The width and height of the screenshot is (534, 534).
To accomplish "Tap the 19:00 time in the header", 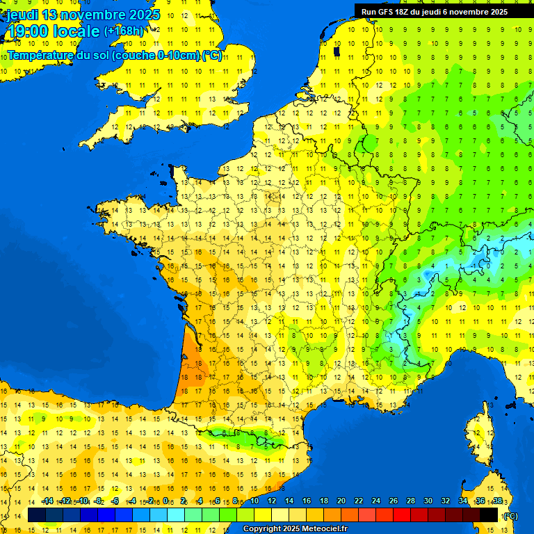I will pos(30,31).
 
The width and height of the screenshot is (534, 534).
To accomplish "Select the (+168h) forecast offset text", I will pos(124,31).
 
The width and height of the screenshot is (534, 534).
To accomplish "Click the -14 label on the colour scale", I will pos(47,501).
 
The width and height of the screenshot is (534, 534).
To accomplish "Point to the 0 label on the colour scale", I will pos(165,501).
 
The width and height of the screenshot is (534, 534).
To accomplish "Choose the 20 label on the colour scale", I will pos(341,501).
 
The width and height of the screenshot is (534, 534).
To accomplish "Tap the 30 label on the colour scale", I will pos(428,501).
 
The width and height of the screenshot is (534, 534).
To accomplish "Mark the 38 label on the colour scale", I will pos(497,501).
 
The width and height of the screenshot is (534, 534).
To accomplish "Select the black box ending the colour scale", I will pos(489,515).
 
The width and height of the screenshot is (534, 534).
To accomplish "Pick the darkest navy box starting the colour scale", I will pos(37,515).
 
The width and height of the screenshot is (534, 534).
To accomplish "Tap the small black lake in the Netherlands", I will pos(337,51).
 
